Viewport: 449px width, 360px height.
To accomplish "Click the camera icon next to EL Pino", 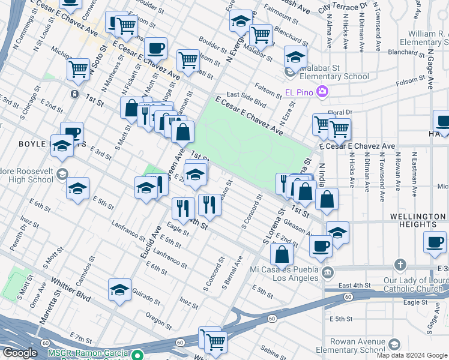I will pyautogui.click(x=322, y=92).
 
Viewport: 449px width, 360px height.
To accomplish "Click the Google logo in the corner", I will pyautogui.click(x=20, y=353).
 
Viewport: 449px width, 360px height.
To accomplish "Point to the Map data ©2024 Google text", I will pyautogui.click(x=412, y=355).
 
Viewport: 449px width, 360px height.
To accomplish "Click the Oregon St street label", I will pyautogui.click(x=159, y=322).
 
